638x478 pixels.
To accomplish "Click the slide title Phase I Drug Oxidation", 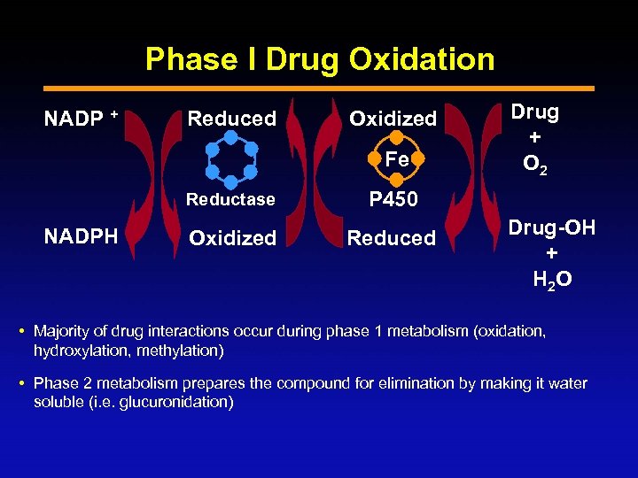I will coord(320,59).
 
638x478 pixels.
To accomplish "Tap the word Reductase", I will coord(230,199).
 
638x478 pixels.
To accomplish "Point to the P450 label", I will coord(393,199).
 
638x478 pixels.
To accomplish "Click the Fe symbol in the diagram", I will coord(396,161).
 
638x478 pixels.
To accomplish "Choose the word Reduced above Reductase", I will coord(231,119).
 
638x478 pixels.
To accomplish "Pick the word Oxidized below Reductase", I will coord(232,238).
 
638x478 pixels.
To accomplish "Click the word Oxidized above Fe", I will coord(393,119).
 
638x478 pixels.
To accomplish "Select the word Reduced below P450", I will coord(392,238).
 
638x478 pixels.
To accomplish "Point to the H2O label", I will coord(551,280).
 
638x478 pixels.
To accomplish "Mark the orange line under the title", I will coord(319,88).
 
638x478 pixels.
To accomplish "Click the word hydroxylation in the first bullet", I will coord(75,350).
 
